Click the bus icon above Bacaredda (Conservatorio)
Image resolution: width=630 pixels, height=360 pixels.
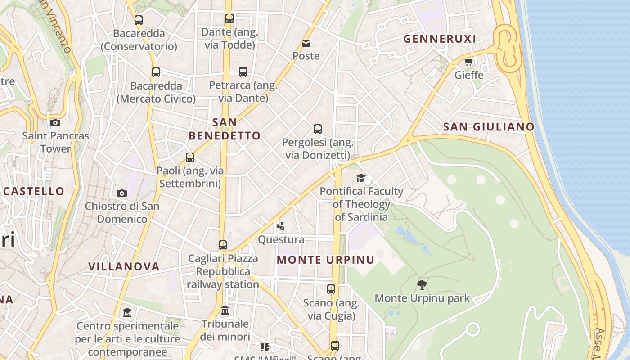pyautogui.click(x=139, y=20)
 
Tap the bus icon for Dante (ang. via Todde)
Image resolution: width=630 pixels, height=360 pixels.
pyautogui.click(x=229, y=18)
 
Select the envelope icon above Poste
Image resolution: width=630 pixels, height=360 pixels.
pyautogui.click(x=306, y=43)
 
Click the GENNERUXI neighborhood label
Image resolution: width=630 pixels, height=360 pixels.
pyautogui.click(x=440, y=39)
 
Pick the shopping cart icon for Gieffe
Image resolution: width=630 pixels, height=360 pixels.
pyautogui.click(x=468, y=62)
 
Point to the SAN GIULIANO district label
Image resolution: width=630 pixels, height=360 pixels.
pyautogui.click(x=489, y=127)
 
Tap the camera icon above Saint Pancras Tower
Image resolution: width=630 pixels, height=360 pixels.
pyautogui.click(x=55, y=122)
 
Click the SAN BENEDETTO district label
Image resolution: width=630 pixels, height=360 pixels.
pyautogui.click(x=225, y=129)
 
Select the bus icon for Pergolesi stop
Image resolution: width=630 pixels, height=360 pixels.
pyautogui.click(x=318, y=129)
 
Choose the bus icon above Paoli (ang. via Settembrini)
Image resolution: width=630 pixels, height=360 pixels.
pyautogui.click(x=190, y=157)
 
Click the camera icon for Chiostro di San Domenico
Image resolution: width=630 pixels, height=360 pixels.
pyautogui.click(x=122, y=193)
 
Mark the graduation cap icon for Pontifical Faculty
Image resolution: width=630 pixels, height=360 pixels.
pyautogui.click(x=361, y=178)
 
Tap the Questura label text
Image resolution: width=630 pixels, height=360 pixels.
pyautogui.click(x=281, y=239)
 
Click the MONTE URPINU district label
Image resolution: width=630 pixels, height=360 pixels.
pyautogui.click(x=325, y=260)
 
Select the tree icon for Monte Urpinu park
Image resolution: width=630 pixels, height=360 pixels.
pyautogui.click(x=422, y=284)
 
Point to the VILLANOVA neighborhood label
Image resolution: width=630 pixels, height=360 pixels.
pyautogui.click(x=124, y=266)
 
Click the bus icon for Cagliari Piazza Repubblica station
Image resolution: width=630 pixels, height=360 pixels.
pyautogui.click(x=223, y=245)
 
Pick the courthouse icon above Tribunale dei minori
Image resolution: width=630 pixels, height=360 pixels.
pyautogui.click(x=225, y=310)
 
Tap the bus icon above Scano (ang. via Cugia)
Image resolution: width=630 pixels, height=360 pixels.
pyautogui.click(x=331, y=289)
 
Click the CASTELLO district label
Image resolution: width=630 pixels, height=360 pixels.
pyautogui.click(x=34, y=191)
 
